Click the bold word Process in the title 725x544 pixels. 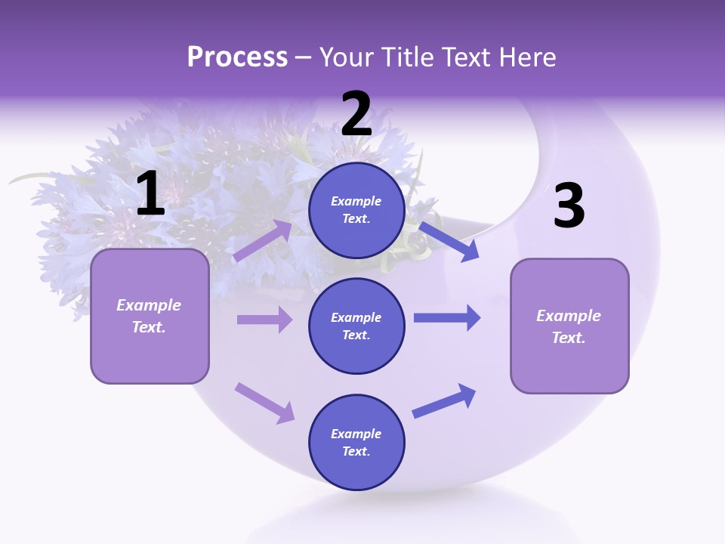(237, 57)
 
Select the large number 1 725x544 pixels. (150, 194)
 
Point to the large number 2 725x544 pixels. (356, 114)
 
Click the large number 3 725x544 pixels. (569, 206)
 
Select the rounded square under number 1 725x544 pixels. (150, 316)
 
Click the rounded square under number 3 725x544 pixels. (569, 326)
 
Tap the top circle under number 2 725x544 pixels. (356, 210)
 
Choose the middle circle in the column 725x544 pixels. (356, 326)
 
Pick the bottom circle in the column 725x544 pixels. (356, 443)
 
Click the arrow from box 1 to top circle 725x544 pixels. (263, 240)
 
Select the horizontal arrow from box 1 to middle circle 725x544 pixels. (264, 320)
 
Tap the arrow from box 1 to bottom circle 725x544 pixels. (264, 403)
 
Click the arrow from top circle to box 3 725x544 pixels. (449, 240)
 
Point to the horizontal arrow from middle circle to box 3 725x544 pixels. (447, 317)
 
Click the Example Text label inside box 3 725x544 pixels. (569, 326)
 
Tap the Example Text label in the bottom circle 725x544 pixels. (356, 443)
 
